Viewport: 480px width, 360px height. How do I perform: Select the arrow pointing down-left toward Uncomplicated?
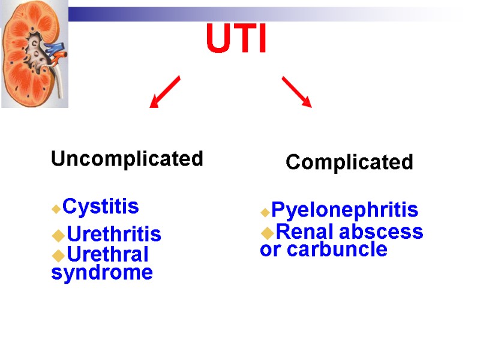(164, 92)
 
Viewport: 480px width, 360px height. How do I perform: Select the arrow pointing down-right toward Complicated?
(296, 92)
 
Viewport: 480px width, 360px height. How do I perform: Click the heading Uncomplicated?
(127, 159)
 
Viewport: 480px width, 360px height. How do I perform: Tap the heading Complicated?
(349, 162)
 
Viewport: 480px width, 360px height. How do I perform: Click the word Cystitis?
(101, 206)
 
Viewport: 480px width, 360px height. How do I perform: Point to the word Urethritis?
(113, 234)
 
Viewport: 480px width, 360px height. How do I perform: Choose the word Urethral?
(107, 254)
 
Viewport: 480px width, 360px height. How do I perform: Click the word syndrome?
(102, 273)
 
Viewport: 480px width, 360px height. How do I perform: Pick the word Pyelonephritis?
(344, 210)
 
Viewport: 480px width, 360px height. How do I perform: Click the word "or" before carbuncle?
(271, 250)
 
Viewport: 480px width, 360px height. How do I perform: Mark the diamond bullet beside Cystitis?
(56, 209)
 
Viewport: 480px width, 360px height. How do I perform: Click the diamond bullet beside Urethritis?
(58, 235)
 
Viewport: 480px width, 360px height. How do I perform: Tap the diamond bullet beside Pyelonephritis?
(265, 212)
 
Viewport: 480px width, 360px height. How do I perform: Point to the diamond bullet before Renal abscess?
(266, 232)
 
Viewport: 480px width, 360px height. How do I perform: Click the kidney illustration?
(35, 58)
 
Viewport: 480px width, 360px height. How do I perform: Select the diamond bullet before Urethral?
(58, 255)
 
